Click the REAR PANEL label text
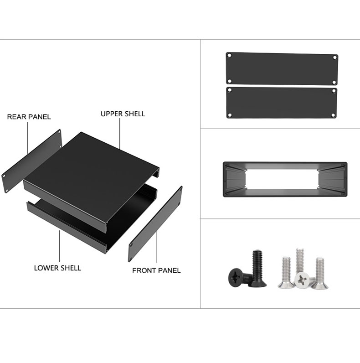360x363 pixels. (x=29, y=117)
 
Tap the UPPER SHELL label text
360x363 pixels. (x=123, y=114)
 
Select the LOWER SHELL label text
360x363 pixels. (x=57, y=268)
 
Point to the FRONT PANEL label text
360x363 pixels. (x=156, y=270)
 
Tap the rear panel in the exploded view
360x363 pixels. (x=32, y=161)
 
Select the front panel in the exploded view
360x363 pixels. (x=155, y=224)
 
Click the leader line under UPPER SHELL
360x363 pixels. (x=120, y=134)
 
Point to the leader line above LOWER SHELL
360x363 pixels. (x=59, y=246)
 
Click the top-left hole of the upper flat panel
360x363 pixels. (x=230, y=56)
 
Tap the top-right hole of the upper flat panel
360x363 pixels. (x=334, y=57)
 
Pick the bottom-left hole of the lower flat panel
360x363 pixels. (x=230, y=115)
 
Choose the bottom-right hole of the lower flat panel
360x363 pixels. (x=333, y=115)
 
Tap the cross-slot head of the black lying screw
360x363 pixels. (x=236, y=278)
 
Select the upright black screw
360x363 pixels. (x=257, y=269)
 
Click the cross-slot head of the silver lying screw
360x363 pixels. (x=302, y=280)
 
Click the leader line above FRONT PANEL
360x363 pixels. (x=157, y=247)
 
